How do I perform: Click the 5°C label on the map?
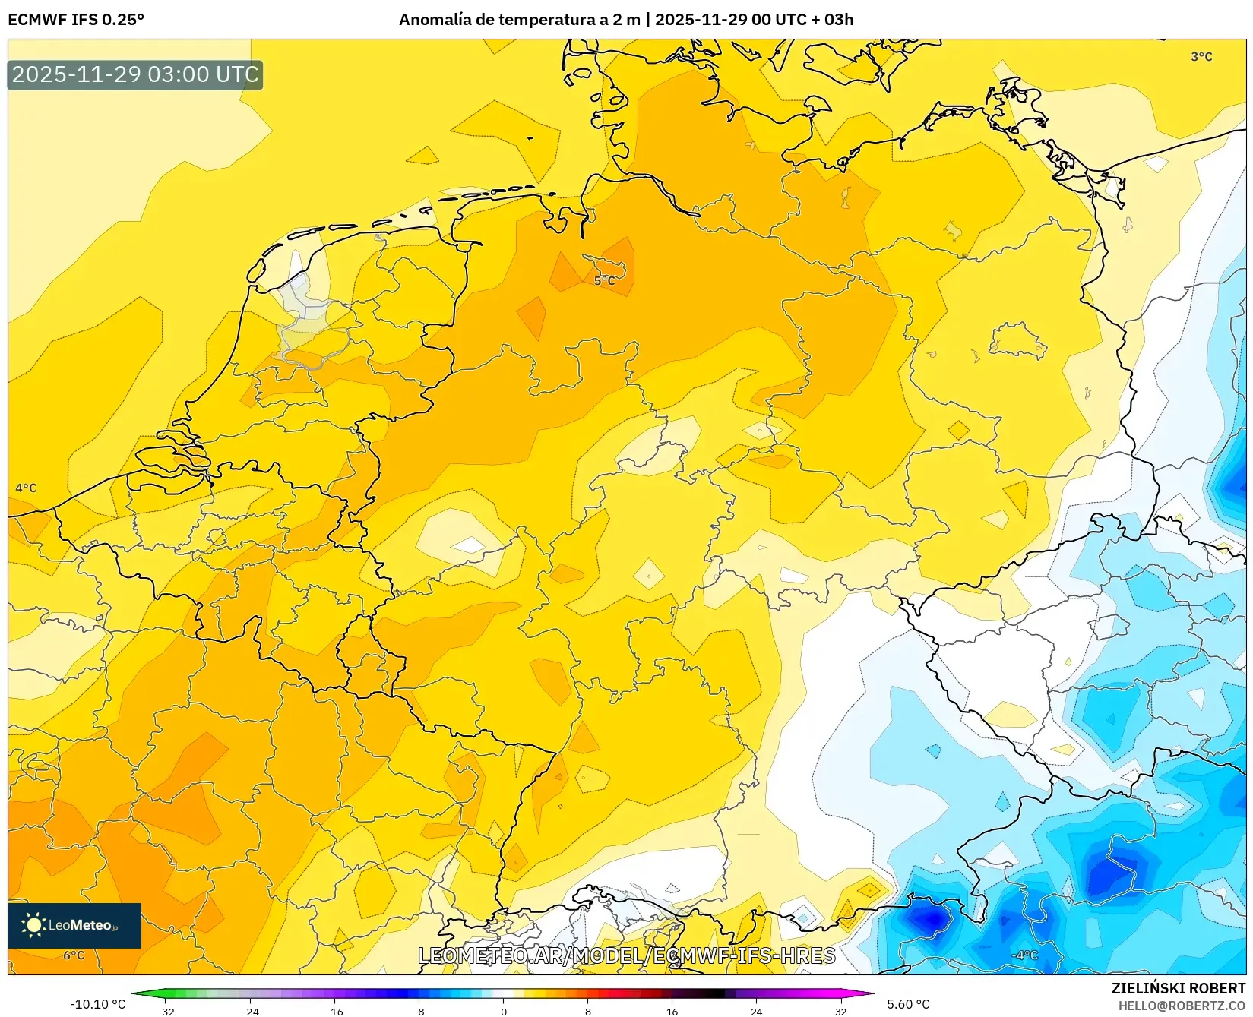click(x=604, y=281)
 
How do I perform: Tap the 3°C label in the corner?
click(x=1201, y=57)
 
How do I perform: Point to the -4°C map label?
click(x=1024, y=955)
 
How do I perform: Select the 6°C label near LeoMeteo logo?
click(x=74, y=955)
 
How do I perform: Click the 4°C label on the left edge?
click(x=26, y=488)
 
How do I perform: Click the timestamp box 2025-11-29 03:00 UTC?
click(x=135, y=74)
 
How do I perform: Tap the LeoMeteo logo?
click(x=74, y=925)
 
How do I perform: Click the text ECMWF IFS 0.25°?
click(x=76, y=20)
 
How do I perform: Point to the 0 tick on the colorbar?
click(x=503, y=1011)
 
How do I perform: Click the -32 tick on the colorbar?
click(x=166, y=1011)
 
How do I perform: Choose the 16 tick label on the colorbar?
click(x=672, y=1011)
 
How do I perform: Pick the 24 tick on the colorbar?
click(x=756, y=1011)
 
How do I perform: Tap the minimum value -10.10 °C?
click(x=97, y=1004)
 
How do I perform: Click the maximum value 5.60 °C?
click(x=908, y=1004)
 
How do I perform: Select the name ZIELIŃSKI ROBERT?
click(x=1179, y=988)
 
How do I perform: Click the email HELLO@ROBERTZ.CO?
click(x=1182, y=1006)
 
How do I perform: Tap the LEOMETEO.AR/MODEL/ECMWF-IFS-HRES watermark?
click(x=627, y=955)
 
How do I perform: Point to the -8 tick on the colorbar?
click(x=419, y=1011)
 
